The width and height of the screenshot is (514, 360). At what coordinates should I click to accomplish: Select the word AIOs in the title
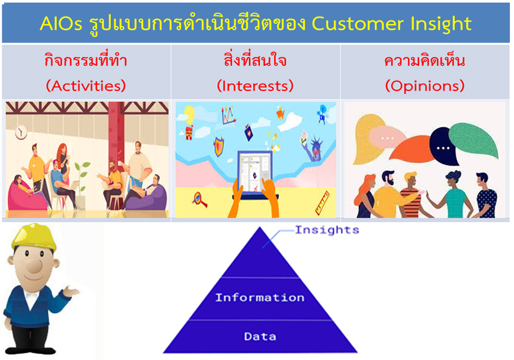click(x=61, y=24)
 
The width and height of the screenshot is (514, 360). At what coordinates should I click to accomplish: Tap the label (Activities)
click(x=86, y=86)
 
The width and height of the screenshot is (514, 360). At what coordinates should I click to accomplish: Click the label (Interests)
click(x=255, y=86)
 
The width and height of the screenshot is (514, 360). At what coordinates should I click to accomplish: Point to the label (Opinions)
click(x=425, y=86)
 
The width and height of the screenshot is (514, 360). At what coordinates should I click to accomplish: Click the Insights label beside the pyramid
click(x=327, y=230)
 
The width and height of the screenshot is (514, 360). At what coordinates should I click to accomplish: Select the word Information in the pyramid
click(x=260, y=297)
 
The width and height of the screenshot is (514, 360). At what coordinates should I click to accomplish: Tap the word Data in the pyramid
click(x=260, y=336)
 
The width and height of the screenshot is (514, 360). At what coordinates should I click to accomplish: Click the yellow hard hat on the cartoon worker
click(x=33, y=236)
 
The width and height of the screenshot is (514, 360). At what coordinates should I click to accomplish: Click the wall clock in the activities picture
click(x=21, y=132)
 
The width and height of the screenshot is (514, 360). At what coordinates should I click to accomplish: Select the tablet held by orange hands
click(x=255, y=174)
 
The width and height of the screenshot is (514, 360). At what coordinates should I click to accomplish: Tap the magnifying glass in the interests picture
click(x=199, y=200)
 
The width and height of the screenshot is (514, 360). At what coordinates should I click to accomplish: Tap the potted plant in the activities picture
click(x=81, y=184)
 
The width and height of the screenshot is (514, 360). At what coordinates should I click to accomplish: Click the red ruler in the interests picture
click(x=322, y=203)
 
